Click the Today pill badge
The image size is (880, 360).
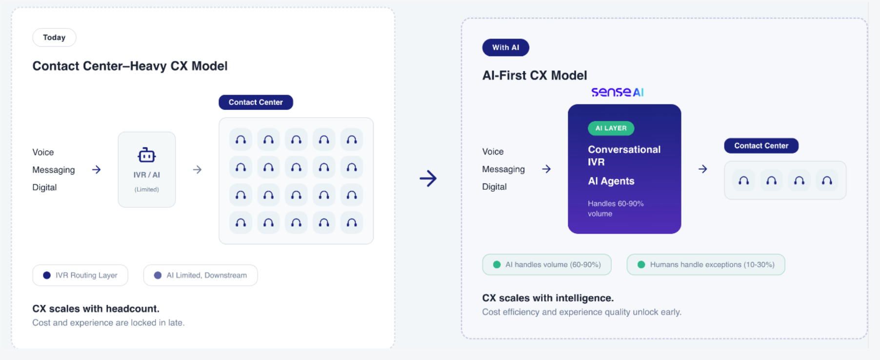pyautogui.click(x=54, y=38)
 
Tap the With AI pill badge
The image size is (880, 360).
pyautogui.click(x=505, y=47)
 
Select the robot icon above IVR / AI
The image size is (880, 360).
pyautogui.click(x=146, y=155)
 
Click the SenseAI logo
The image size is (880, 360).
pyautogui.click(x=617, y=92)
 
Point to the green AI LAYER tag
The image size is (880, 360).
pyautogui.click(x=611, y=128)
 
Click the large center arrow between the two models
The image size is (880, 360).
pyautogui.click(x=428, y=179)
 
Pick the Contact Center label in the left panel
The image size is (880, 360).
pyautogui.click(x=256, y=102)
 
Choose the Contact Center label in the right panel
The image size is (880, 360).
pyautogui.click(x=761, y=146)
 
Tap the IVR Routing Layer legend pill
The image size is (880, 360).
pyautogui.click(x=80, y=275)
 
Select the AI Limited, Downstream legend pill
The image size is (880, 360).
pyautogui.click(x=200, y=275)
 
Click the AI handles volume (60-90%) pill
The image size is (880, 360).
pyautogui.click(x=547, y=264)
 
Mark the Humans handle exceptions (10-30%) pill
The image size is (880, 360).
pyautogui.click(x=706, y=264)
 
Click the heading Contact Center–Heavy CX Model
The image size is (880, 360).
pyautogui.click(x=130, y=66)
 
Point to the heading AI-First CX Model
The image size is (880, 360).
pyautogui.click(x=534, y=76)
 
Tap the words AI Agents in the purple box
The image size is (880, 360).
pyautogui.click(x=611, y=181)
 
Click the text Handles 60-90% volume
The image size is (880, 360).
pyautogui.click(x=615, y=208)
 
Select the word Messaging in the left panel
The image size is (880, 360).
pyautogui.click(x=54, y=170)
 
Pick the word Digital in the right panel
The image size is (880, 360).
pyautogui.click(x=494, y=187)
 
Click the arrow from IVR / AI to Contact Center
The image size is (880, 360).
pyautogui.click(x=197, y=170)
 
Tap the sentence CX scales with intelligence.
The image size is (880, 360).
pyautogui.click(x=547, y=298)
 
